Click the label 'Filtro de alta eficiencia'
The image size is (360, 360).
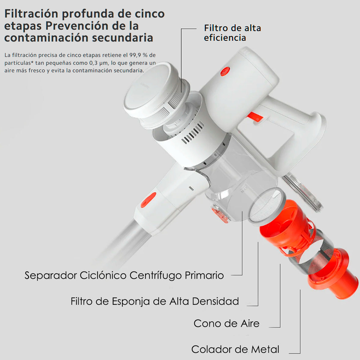click(x=232, y=33)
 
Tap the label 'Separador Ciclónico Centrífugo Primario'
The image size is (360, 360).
click(x=124, y=276)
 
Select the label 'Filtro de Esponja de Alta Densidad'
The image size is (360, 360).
click(x=155, y=301)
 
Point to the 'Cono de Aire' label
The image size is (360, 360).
click(x=226, y=323)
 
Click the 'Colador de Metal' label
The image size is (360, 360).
click(x=235, y=349)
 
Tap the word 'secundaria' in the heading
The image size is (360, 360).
click(x=123, y=37)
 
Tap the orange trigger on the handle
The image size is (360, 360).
click(x=255, y=118)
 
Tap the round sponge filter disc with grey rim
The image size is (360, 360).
click(x=267, y=206)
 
